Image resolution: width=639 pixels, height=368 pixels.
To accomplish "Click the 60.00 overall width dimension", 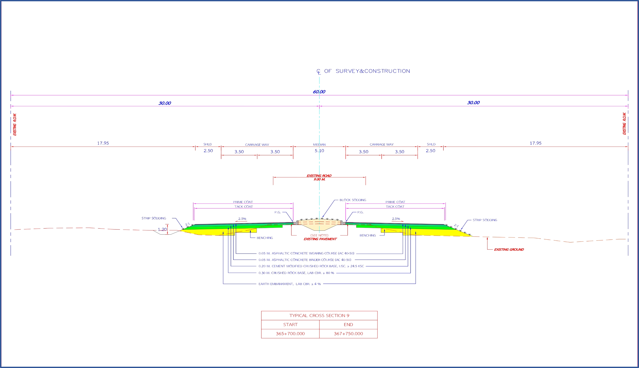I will pyautogui.click(x=319, y=92).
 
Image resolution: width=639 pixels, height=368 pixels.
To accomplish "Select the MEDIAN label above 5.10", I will pyautogui.click(x=319, y=145).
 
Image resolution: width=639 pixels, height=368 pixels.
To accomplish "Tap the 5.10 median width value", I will pyautogui.click(x=319, y=151).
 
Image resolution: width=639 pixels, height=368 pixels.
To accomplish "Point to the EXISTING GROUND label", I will pyautogui.click(x=509, y=249).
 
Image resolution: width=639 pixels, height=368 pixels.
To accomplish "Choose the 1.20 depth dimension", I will pyautogui.click(x=162, y=229).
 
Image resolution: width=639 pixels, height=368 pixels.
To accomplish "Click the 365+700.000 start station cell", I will pyautogui.click(x=290, y=334).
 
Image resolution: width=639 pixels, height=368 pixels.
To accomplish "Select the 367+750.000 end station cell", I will pyautogui.click(x=348, y=334).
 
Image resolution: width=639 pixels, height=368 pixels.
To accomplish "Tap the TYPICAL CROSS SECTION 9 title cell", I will pyautogui.click(x=319, y=315).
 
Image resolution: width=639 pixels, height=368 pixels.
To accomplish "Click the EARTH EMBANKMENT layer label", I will pyautogui.click(x=289, y=284).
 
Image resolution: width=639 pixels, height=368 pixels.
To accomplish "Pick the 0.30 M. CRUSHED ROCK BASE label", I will pyautogui.click(x=296, y=273).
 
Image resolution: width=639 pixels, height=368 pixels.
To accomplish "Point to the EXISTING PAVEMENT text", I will pyautogui.click(x=320, y=239).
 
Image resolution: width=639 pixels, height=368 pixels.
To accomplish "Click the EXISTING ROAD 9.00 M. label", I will pyautogui.click(x=319, y=177).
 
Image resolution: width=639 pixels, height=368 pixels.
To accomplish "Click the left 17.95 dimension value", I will pyautogui.click(x=103, y=143).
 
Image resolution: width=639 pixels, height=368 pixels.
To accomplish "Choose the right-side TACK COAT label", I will pyautogui.click(x=395, y=206).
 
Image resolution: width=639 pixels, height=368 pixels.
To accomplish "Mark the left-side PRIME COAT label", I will pyautogui.click(x=243, y=202).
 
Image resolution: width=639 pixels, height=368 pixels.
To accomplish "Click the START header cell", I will pyautogui.click(x=290, y=325).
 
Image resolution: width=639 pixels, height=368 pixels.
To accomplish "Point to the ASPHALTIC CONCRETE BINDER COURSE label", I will pyautogui.click(x=305, y=260).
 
